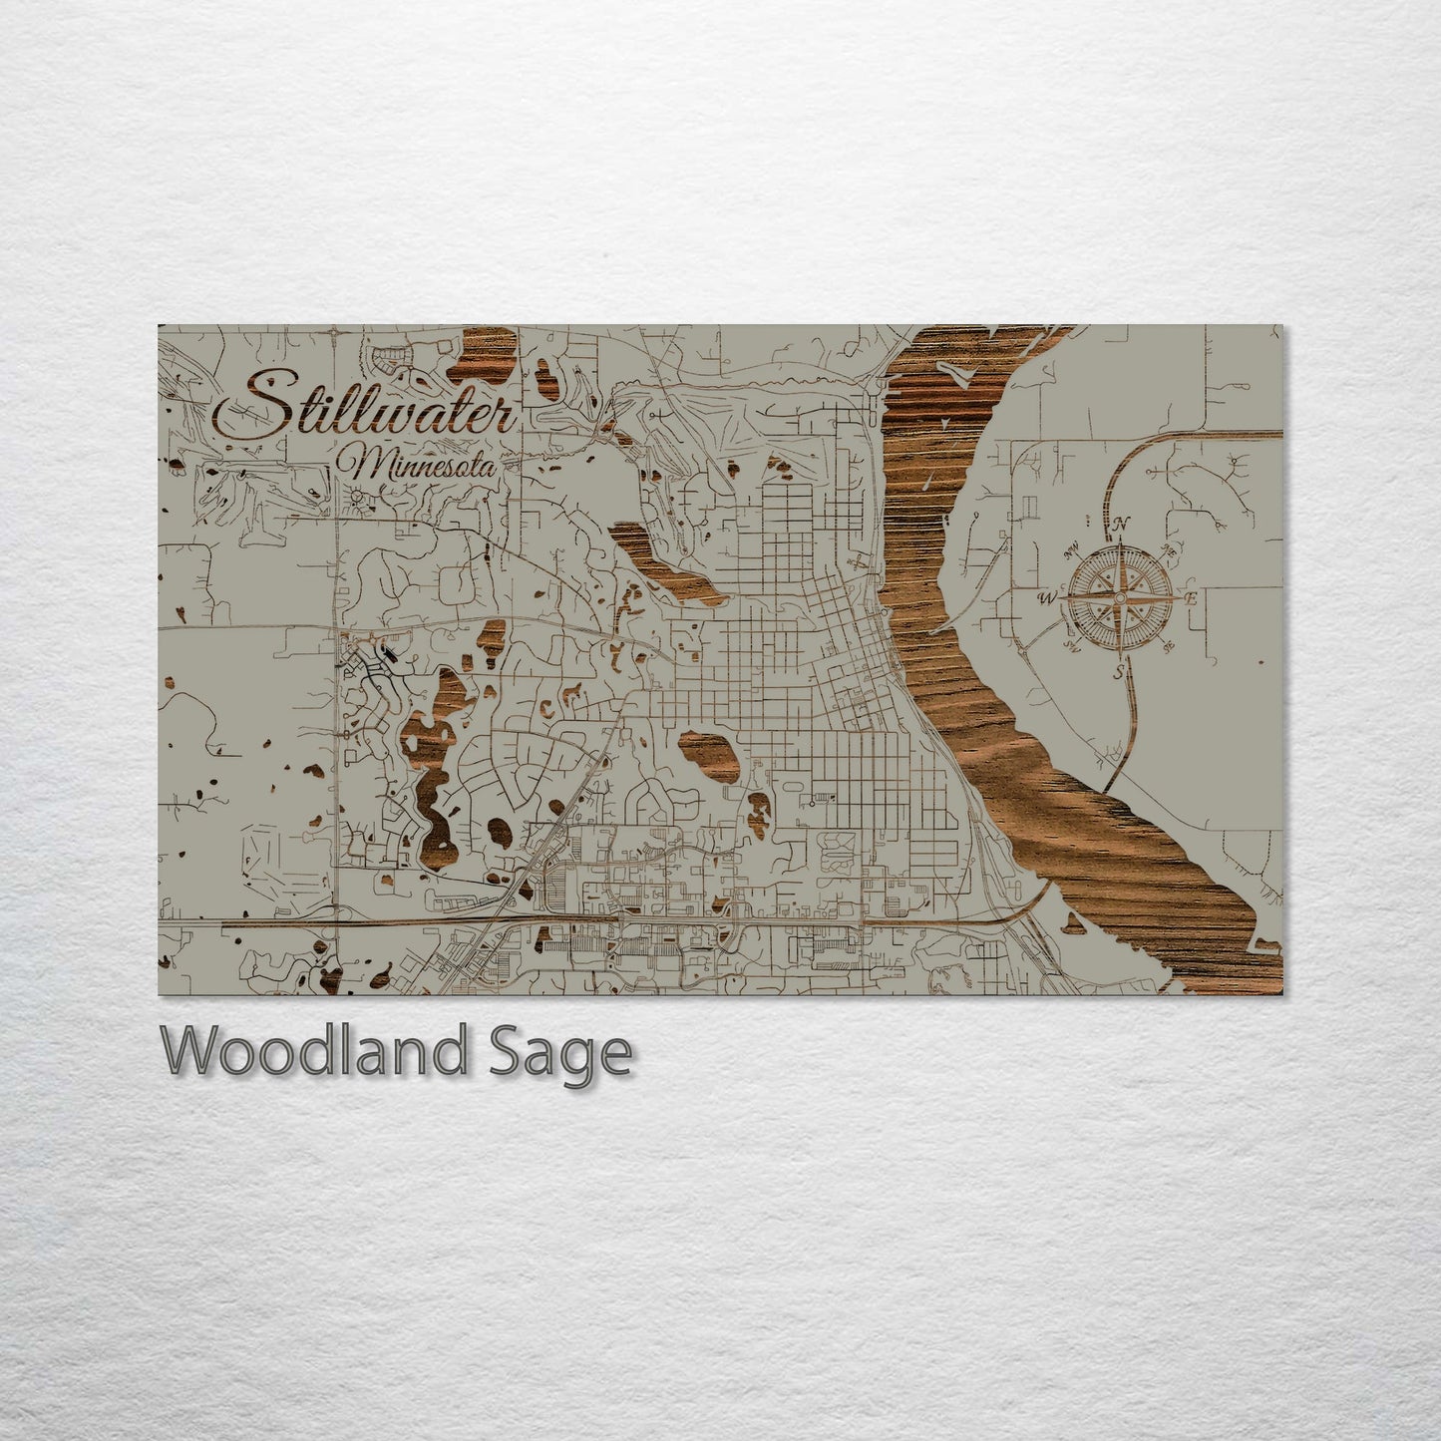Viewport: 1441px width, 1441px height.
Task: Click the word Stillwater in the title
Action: point(367,406)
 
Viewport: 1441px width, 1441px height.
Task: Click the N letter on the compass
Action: point(1121,523)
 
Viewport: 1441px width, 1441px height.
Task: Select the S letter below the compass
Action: point(1119,672)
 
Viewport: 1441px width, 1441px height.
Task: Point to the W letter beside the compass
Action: point(1047,598)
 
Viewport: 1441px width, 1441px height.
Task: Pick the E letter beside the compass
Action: point(1189,598)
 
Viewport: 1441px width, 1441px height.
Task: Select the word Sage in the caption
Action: point(558,1052)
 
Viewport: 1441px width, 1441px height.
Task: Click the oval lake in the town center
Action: point(709,758)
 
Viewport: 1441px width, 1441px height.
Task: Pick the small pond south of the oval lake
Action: point(759,813)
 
